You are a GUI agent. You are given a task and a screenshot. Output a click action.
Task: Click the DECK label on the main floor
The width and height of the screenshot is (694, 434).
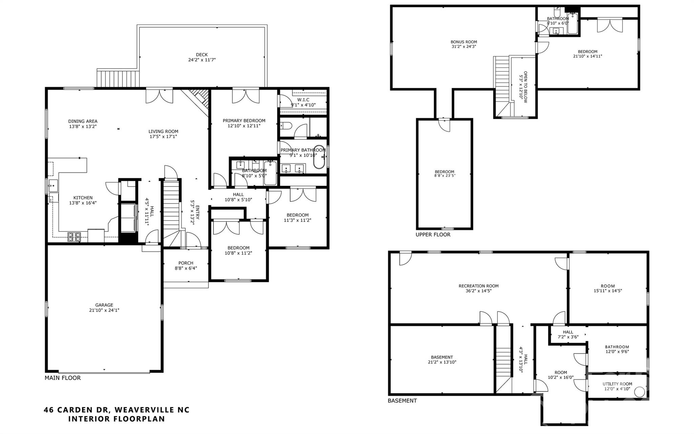point(202,55)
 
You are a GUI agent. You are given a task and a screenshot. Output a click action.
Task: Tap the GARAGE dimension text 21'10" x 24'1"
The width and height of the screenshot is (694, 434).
point(104,310)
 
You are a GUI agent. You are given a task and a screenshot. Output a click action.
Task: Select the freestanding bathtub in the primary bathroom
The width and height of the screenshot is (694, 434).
point(319,157)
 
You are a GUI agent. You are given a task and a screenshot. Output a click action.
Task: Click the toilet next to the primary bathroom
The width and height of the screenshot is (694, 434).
point(286,126)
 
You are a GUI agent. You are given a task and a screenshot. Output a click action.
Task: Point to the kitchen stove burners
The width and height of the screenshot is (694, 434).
point(74,237)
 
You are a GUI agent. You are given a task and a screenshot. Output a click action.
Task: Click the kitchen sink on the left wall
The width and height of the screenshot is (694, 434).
point(53,186)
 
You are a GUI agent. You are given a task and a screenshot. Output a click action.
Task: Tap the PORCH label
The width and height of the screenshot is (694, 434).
point(186,263)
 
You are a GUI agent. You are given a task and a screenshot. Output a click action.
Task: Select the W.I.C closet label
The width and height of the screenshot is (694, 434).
point(303,100)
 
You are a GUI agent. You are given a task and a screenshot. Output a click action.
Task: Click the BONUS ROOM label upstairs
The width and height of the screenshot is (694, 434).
point(464,42)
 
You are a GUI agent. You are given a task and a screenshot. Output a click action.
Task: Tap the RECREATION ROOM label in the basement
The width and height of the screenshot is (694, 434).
point(478,286)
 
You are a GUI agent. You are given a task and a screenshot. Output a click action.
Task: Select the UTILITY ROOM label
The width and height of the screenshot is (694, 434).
point(617,384)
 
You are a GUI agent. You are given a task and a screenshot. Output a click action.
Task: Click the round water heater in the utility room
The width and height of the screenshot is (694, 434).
point(639,392)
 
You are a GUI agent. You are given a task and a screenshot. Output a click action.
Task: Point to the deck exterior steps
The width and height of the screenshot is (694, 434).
point(118,78)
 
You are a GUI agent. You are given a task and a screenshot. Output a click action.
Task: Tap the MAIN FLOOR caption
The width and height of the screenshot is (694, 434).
point(63,378)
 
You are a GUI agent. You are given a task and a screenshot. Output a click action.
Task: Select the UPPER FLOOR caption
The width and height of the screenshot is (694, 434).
point(433,234)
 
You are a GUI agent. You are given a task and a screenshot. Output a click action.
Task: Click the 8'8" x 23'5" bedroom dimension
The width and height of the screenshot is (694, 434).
point(444,176)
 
